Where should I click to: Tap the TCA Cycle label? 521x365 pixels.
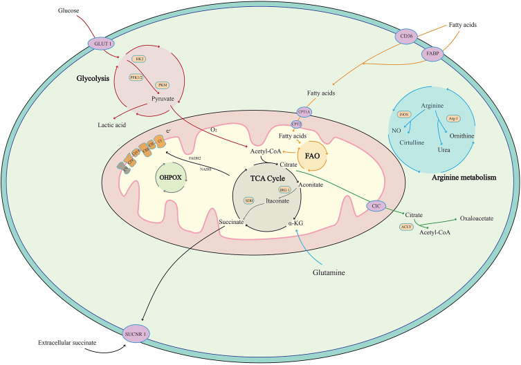(x=262, y=176)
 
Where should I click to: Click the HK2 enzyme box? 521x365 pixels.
(x=139, y=59)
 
